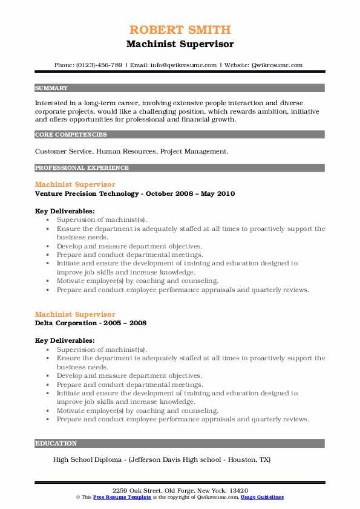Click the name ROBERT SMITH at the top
tap(180, 30)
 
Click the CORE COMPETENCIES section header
tap(71, 135)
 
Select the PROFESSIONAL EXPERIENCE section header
tap(82, 167)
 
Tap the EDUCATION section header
tap(56, 443)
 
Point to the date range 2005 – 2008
tap(126, 323)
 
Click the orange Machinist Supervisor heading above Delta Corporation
tap(75, 314)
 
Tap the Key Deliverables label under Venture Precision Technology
tap(65, 211)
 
